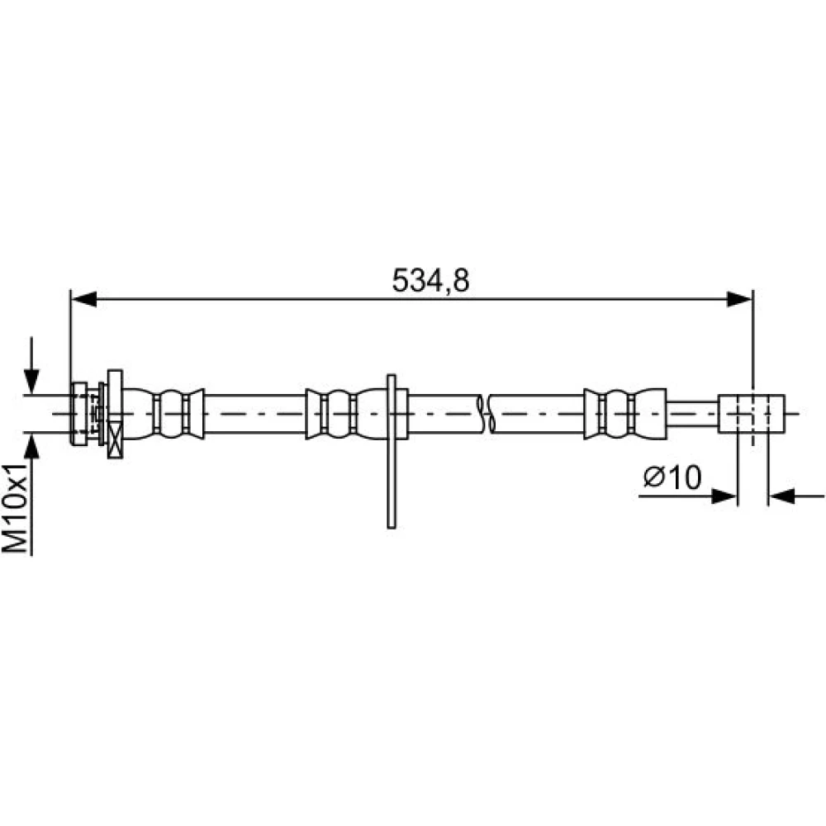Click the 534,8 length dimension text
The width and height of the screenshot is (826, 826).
[430, 280]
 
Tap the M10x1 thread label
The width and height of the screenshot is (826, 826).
[15, 509]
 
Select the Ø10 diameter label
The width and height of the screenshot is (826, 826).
[672, 477]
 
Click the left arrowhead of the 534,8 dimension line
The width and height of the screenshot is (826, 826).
[83, 299]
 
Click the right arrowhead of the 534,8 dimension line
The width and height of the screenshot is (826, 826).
[739, 299]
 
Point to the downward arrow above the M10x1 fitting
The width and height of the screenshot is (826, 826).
[31, 365]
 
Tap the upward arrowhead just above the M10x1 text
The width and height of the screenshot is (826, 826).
[31, 446]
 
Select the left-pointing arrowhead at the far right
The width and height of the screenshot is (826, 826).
[781, 496]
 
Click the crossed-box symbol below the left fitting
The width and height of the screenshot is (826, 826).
[115, 439]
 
